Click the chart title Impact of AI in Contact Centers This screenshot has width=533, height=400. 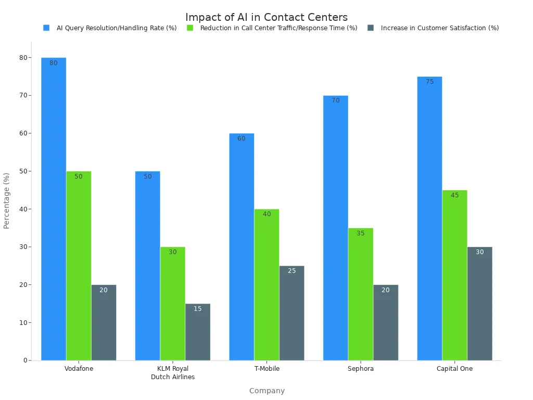click(x=266, y=17)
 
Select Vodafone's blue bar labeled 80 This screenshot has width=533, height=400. click(x=54, y=208)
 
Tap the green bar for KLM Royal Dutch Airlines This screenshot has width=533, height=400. click(x=173, y=303)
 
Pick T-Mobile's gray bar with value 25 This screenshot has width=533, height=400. click(x=291, y=312)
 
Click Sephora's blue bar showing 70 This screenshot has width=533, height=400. click(x=336, y=228)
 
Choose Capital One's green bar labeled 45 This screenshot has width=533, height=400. click(x=454, y=275)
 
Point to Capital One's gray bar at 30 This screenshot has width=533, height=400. click(x=479, y=303)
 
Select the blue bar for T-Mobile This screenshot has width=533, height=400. click(x=242, y=246)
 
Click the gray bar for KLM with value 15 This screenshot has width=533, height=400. click(x=198, y=332)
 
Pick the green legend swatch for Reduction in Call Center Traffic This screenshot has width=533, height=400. click(x=190, y=28)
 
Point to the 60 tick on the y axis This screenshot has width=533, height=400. click(x=23, y=133)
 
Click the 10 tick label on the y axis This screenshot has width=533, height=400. click(x=23, y=322)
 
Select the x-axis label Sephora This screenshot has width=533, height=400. click(x=361, y=369)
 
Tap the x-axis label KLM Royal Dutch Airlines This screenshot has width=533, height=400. click(x=173, y=373)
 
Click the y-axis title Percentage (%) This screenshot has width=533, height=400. click(x=7, y=201)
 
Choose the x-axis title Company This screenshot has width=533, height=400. click(x=266, y=391)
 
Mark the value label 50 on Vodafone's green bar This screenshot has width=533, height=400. click(x=79, y=177)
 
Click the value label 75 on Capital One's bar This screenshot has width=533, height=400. click(x=429, y=82)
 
